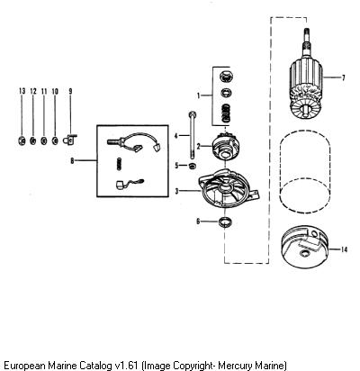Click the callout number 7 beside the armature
tap(343, 77)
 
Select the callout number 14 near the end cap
tap(344, 249)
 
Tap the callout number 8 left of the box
tap(72, 161)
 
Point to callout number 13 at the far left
tap(22, 91)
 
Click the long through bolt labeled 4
tap(192, 135)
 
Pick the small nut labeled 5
tap(193, 166)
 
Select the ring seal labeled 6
tap(225, 222)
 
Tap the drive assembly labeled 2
tap(226, 146)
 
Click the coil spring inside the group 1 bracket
tap(227, 113)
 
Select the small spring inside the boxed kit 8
tap(119, 164)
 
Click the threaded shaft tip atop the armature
tap(306, 33)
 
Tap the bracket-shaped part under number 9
tap(70, 140)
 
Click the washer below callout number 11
tap(44, 140)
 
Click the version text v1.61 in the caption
tap(126, 366)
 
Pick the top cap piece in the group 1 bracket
tap(227, 76)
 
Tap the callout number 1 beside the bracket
tap(198, 95)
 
